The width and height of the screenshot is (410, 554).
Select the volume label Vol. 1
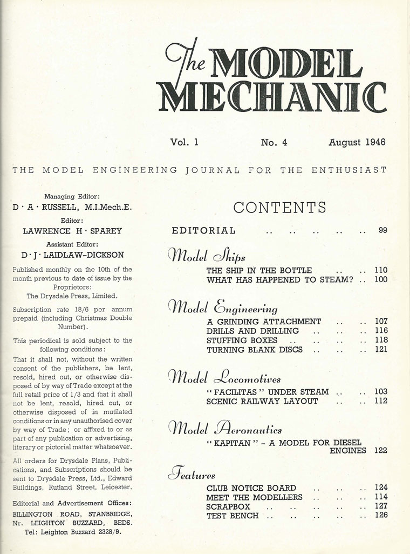pyautogui.click(x=184, y=143)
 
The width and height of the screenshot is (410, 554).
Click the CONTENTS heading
pyautogui.click(x=279, y=208)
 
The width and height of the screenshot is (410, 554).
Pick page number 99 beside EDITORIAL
pyautogui.click(x=382, y=231)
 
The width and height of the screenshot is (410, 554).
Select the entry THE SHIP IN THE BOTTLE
pyautogui.click(x=259, y=270)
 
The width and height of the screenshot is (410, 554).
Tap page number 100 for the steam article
pyautogui.click(x=381, y=280)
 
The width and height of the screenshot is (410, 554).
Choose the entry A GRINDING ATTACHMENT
pyautogui.click(x=264, y=321)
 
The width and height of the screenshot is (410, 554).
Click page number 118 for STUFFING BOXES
pyautogui.click(x=381, y=341)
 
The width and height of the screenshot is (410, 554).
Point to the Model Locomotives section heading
pyautogui.click(x=224, y=377)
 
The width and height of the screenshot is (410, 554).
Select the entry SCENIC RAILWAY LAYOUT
pyautogui.click(x=262, y=402)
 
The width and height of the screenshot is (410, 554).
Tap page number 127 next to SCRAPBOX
pyautogui.click(x=381, y=506)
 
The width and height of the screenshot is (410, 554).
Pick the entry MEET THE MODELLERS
pyautogui.click(x=254, y=497)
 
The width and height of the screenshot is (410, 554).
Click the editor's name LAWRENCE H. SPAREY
pyautogui.click(x=72, y=231)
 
